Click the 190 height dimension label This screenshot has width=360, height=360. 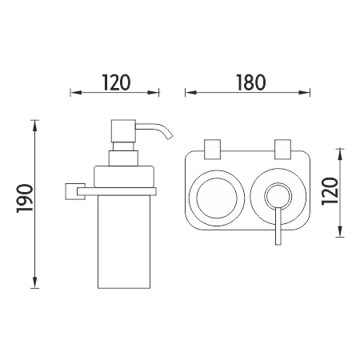[25, 198]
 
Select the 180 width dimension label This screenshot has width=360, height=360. [250, 82]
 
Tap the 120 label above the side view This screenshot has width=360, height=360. [117, 82]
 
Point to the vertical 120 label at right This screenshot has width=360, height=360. [330, 191]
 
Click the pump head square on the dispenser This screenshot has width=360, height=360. [124, 131]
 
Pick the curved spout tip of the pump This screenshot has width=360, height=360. [170, 137]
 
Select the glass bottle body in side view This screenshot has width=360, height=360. [124, 242]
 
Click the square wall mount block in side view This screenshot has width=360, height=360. [75, 191]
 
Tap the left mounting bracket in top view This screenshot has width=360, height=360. [212, 150]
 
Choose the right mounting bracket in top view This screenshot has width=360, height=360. [283, 150]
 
